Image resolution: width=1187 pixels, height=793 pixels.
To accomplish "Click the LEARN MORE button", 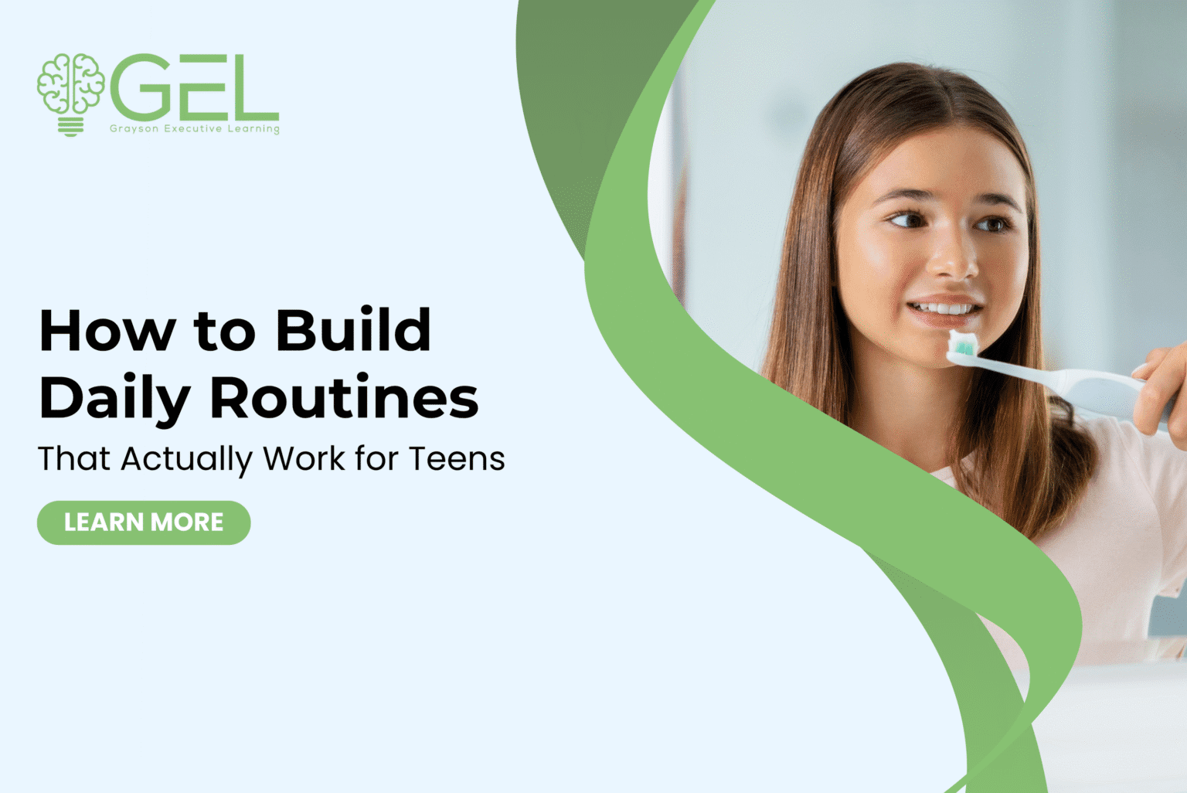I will (144, 522).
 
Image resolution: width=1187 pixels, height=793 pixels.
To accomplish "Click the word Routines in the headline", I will (344, 399).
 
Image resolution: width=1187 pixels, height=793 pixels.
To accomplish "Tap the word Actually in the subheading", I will (186, 459).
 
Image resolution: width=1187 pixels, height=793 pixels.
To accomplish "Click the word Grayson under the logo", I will (134, 129).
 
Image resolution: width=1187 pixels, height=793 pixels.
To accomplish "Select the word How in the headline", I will (107, 331).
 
